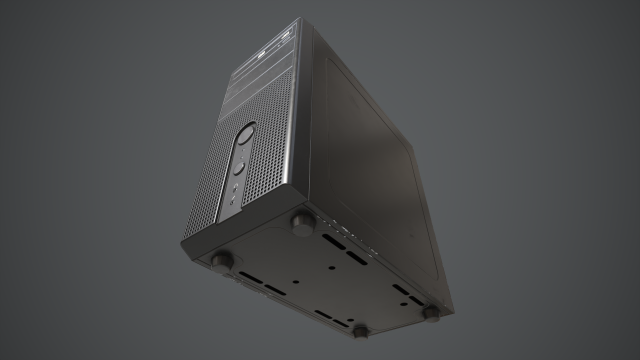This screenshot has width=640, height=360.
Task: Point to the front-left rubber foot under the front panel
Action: tap(221, 261)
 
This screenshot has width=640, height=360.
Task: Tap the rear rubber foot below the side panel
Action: tap(431, 314)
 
